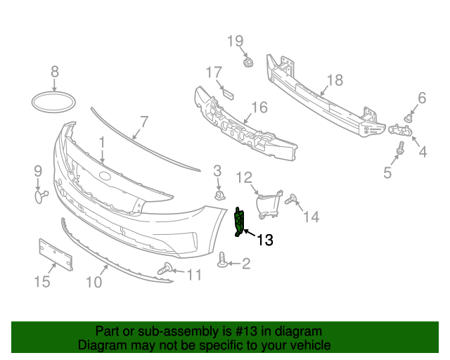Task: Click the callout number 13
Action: point(264,240)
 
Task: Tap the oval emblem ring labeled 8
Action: point(55,101)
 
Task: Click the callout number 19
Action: point(235,41)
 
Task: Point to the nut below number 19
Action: point(247,63)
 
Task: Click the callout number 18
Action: point(335,80)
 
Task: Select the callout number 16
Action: point(259,108)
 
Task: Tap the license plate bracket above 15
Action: point(56,255)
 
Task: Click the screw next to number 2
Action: point(224,262)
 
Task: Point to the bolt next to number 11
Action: point(167,268)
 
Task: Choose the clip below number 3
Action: point(219,193)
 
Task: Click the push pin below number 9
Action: point(40,195)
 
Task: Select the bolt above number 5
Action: point(401,148)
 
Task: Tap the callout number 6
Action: point(422,98)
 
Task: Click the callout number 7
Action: point(144,122)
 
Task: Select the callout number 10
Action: point(94,282)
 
